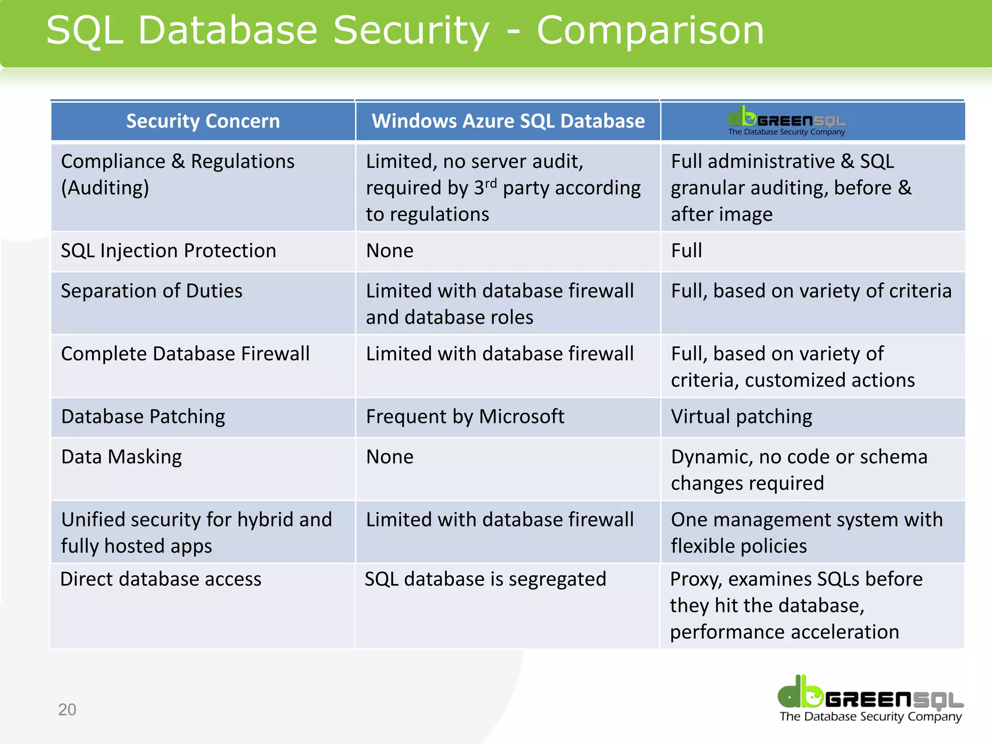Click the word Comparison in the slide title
(x=650, y=31)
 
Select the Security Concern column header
(x=203, y=121)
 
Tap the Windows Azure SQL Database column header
(x=508, y=121)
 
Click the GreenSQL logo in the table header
(x=787, y=121)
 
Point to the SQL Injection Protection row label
(x=169, y=251)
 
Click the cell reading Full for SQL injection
(x=686, y=251)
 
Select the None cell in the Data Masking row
(x=390, y=457)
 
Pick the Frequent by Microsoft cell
(x=465, y=417)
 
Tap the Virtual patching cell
(x=742, y=417)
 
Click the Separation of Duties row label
(x=152, y=291)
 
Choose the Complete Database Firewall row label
(x=185, y=354)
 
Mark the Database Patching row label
(x=143, y=417)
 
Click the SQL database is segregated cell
(x=485, y=579)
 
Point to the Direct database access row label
(x=161, y=579)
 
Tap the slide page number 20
(x=67, y=710)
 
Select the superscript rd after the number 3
(x=491, y=184)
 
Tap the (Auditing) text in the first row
(x=105, y=188)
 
